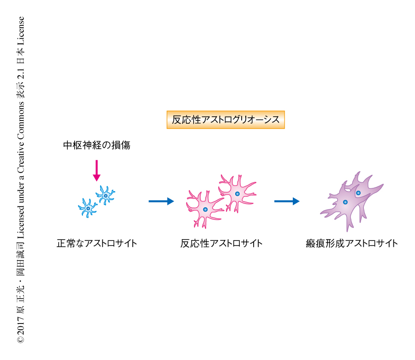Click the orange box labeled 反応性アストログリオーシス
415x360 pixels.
click(x=225, y=120)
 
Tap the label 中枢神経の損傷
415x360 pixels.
click(x=96, y=145)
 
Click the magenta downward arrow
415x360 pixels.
click(x=96, y=170)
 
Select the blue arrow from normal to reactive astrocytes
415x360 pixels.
click(x=161, y=201)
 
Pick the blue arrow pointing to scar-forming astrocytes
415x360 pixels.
click(x=286, y=201)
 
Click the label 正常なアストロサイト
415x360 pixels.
click(x=96, y=243)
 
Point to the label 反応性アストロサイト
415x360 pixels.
click(x=221, y=243)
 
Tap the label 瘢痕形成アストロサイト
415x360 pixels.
click(x=351, y=243)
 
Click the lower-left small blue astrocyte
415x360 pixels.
click(x=88, y=208)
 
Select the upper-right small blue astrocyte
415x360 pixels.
click(x=106, y=196)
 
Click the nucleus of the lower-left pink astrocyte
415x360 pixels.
click(x=205, y=210)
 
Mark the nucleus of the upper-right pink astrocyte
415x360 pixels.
click(x=237, y=193)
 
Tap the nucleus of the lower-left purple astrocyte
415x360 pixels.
click(x=345, y=202)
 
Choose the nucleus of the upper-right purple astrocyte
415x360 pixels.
click(x=358, y=192)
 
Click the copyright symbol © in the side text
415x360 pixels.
click(x=21, y=340)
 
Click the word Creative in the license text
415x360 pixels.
click(x=21, y=155)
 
